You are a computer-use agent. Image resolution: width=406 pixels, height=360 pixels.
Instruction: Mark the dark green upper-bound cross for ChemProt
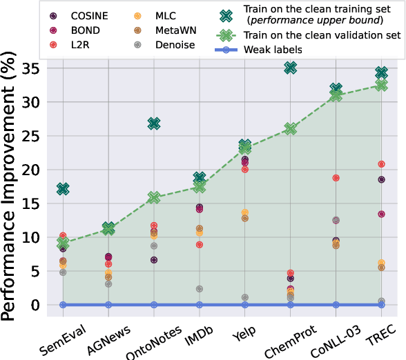tap(290, 68)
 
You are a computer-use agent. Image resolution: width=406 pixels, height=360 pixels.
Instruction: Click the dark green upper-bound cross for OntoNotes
tap(154, 123)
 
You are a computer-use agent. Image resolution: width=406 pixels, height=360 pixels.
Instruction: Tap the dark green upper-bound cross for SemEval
tap(63, 188)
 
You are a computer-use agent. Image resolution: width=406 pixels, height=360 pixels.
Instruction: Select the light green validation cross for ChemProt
tap(290, 129)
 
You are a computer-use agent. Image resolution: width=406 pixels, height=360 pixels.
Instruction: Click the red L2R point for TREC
tap(381, 164)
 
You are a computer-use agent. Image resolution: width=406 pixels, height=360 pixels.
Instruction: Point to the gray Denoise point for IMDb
tap(200, 289)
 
